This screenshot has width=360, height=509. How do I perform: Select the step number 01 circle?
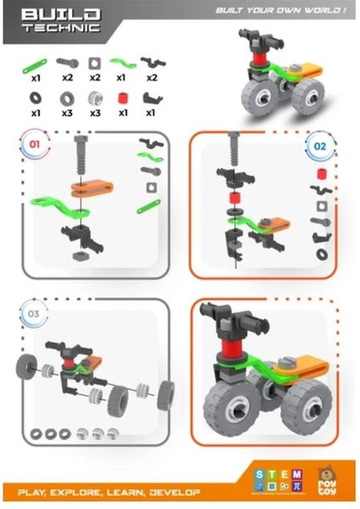pos(35,145)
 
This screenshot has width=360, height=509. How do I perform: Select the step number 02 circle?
pos(320,146)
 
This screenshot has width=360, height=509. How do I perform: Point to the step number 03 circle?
pos(34,314)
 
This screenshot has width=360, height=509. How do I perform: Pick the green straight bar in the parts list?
pos(36,62)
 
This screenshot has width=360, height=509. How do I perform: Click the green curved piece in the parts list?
pos(123,64)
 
